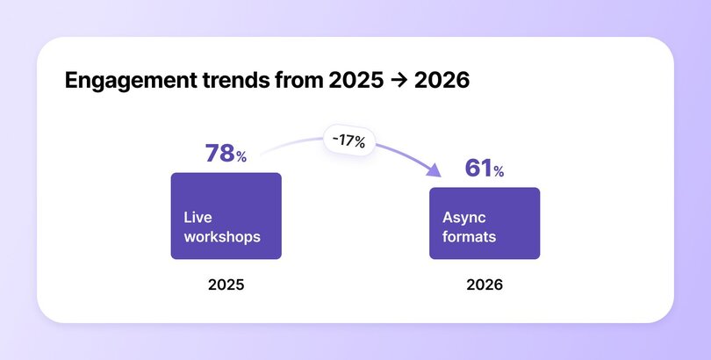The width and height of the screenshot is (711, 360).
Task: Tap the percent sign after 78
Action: [241, 157]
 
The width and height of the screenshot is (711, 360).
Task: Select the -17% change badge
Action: [348, 140]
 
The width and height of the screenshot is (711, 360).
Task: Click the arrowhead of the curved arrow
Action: [434, 173]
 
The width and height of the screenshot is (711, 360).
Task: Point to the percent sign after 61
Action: [499, 172]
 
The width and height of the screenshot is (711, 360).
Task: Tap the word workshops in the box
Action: [222, 237]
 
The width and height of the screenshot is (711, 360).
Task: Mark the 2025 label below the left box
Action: [226, 285]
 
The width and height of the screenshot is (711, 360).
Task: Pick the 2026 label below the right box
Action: [485, 285]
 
